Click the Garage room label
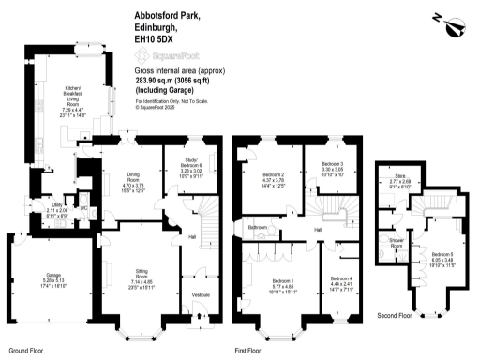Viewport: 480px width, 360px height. pyautogui.click(x=35, y=281)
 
